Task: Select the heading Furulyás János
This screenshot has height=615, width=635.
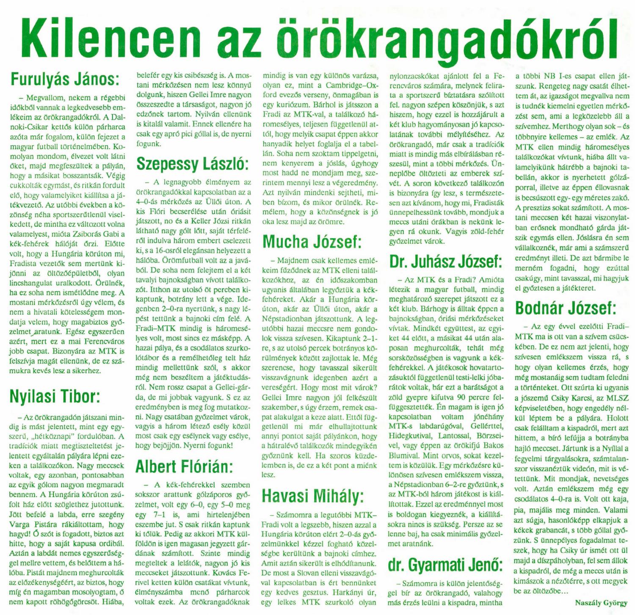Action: click(x=64, y=79)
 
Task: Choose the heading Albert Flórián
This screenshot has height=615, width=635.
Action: click(x=185, y=466)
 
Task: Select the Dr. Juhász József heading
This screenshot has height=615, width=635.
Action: click(x=446, y=262)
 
